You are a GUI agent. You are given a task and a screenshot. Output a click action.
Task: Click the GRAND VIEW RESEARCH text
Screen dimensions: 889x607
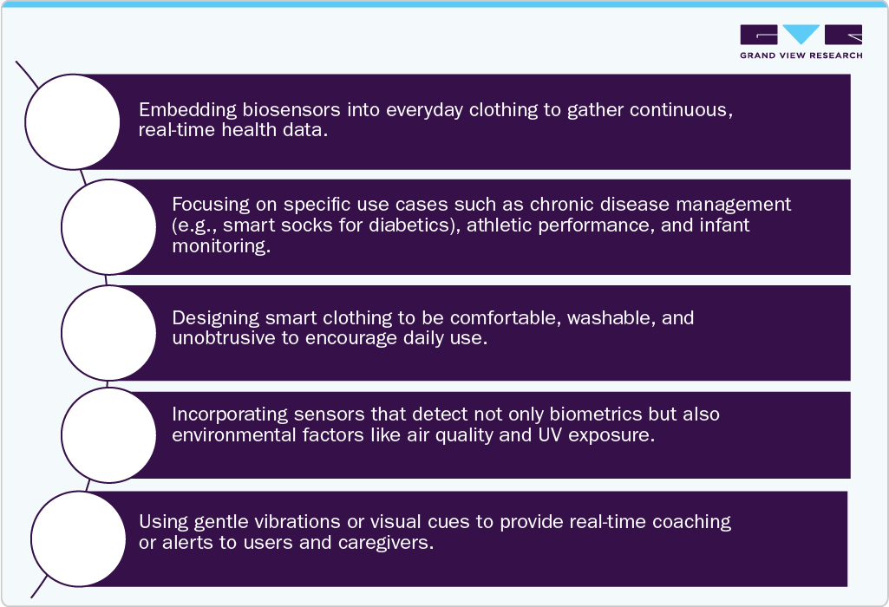(x=801, y=55)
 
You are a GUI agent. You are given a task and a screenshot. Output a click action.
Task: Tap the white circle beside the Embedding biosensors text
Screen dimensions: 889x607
(x=73, y=122)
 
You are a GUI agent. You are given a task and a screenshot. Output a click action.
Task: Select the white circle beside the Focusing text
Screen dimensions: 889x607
(x=109, y=227)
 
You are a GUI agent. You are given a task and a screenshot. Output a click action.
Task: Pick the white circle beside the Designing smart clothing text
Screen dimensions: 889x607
(x=109, y=333)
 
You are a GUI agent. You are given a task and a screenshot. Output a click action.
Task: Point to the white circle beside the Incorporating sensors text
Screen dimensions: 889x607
(x=109, y=435)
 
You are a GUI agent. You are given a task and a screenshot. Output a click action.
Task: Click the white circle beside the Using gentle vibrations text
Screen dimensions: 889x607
(x=78, y=539)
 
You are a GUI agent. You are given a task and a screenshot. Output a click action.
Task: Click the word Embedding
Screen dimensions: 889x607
(x=187, y=109)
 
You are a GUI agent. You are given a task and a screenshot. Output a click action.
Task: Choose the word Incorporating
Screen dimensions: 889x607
(x=230, y=414)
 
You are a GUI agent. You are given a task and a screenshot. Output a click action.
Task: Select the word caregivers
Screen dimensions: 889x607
(x=386, y=543)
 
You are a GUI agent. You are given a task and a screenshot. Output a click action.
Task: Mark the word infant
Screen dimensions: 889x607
(x=724, y=225)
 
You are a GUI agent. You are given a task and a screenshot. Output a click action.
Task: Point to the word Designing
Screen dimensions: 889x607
(x=216, y=318)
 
